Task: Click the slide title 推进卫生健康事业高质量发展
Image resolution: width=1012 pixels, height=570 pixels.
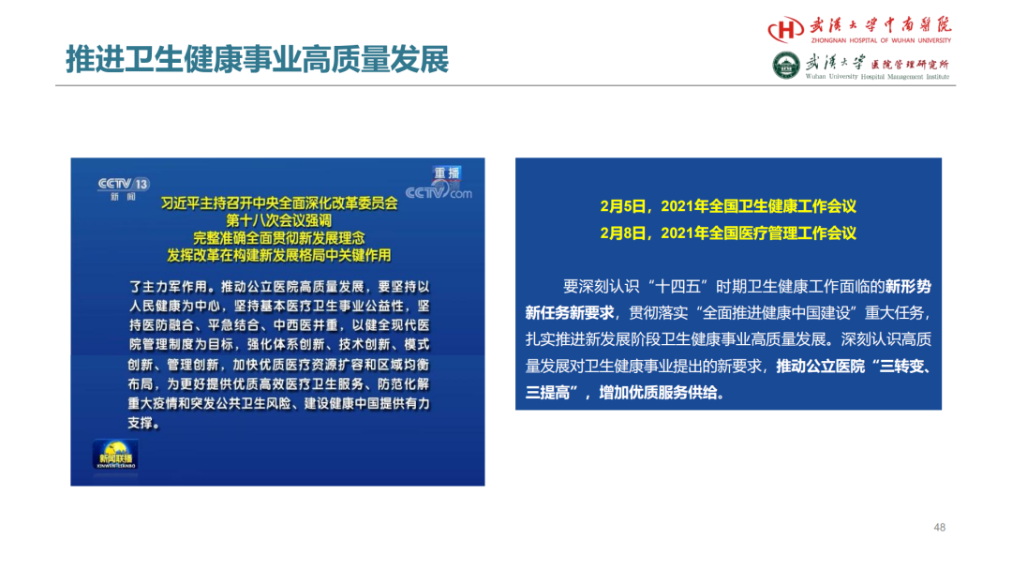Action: pyautogui.click(x=257, y=59)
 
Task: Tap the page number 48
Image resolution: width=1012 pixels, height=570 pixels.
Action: pyautogui.click(x=939, y=528)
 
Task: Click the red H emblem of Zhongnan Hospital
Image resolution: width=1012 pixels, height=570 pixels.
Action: pyautogui.click(x=785, y=30)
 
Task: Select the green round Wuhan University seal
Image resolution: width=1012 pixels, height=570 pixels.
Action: pyautogui.click(x=786, y=66)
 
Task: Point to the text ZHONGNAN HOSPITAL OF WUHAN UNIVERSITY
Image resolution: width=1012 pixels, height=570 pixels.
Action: pyautogui.click(x=881, y=40)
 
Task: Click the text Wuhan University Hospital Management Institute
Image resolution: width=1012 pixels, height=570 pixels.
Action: pyautogui.click(x=877, y=77)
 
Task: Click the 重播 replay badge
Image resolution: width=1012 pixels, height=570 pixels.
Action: pyautogui.click(x=447, y=173)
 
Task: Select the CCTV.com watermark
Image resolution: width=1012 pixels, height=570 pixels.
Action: pyautogui.click(x=439, y=192)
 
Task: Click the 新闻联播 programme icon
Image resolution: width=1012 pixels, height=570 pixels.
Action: pyautogui.click(x=115, y=455)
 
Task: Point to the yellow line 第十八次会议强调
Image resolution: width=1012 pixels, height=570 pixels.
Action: pyautogui.click(x=278, y=220)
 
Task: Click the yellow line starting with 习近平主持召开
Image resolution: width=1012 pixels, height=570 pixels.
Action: pyautogui.click(x=279, y=203)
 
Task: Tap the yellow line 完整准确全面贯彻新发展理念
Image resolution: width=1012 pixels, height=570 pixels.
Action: pyautogui.click(x=279, y=238)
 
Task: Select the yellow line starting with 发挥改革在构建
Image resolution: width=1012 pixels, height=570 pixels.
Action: pyautogui.click(x=279, y=256)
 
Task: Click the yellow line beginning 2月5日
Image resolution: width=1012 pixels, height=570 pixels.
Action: pyautogui.click(x=728, y=206)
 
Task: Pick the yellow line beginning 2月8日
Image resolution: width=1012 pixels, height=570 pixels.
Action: pyautogui.click(x=728, y=233)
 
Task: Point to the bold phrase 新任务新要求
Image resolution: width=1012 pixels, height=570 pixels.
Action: pyautogui.click(x=570, y=314)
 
